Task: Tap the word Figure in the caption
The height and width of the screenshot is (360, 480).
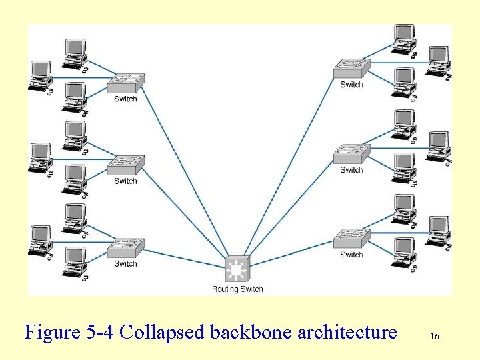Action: pos(52,332)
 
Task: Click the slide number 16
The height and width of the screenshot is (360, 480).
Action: pos(434,337)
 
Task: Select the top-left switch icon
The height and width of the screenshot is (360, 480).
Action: pos(125,83)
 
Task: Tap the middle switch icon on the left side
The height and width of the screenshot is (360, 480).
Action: pos(125,164)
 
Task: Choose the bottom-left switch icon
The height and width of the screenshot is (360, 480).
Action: pos(125,247)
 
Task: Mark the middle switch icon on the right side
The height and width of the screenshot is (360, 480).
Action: pos(351,153)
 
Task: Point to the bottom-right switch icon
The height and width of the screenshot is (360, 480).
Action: pos(351,238)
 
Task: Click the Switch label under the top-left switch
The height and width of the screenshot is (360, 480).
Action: pos(125,99)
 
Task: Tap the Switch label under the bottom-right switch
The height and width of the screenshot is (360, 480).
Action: pos(351,255)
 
